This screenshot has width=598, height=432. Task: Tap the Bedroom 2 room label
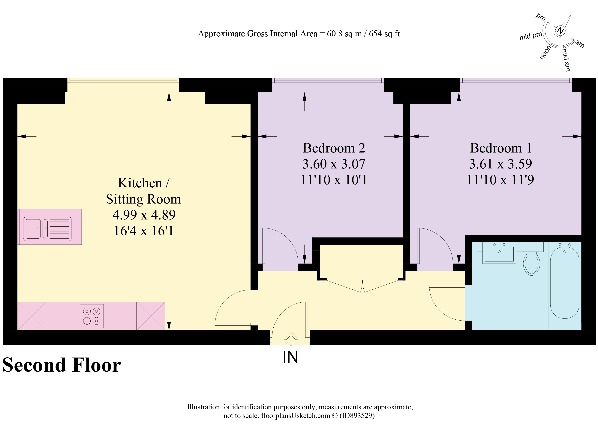click(x=334, y=148)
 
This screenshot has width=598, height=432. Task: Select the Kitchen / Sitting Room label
click(x=143, y=191)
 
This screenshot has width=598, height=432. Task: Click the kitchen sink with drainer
click(x=47, y=229)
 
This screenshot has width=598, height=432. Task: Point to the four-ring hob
click(x=92, y=316)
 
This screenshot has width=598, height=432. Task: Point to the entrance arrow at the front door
click(x=291, y=339)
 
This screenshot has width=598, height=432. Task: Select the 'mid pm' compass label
click(x=530, y=36)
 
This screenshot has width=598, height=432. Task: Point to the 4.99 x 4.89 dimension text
click(x=144, y=215)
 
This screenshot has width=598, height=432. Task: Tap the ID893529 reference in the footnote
click(x=357, y=416)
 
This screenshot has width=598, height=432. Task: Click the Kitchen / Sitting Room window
click(x=123, y=85)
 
